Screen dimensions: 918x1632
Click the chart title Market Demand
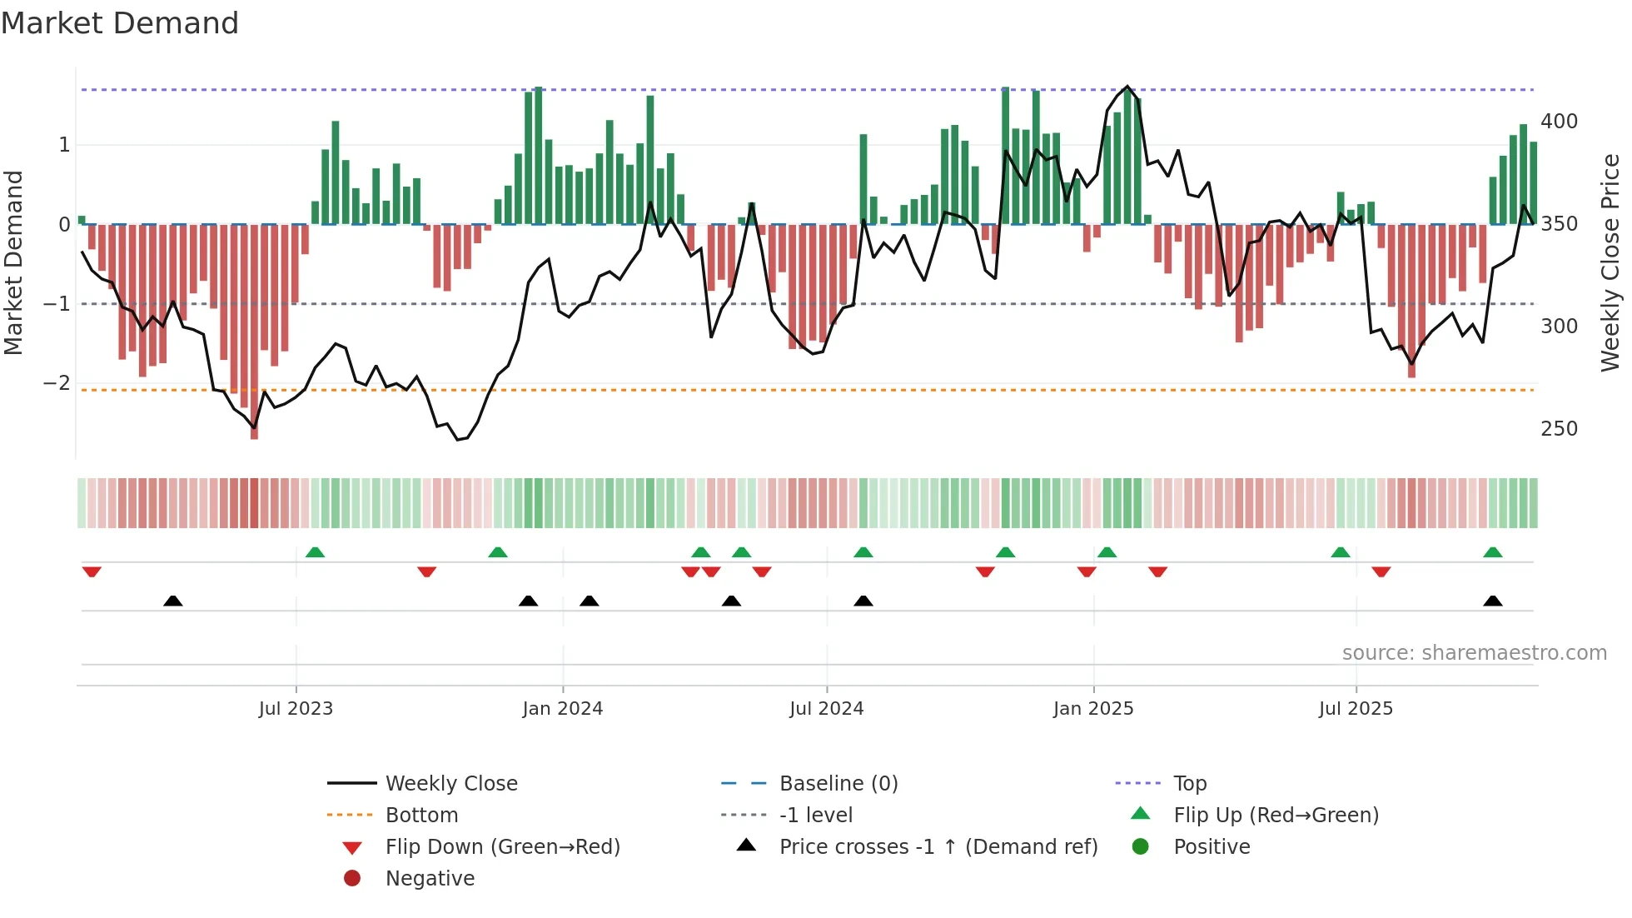120,23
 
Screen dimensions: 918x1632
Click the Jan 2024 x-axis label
562,709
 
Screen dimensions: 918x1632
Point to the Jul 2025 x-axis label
1355,709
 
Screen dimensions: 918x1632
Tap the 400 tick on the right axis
1559,122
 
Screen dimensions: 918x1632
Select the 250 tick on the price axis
1559,429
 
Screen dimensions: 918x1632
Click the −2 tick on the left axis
57,383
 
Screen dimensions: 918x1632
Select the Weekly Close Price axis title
1610,262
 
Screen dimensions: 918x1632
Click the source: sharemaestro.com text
1474,653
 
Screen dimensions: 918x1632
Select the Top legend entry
1189,784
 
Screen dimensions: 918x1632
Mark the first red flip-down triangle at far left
92,571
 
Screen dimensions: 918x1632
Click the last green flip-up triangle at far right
1492,552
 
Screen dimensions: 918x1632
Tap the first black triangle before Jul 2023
172,601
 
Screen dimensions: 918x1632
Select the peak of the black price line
1127,86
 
